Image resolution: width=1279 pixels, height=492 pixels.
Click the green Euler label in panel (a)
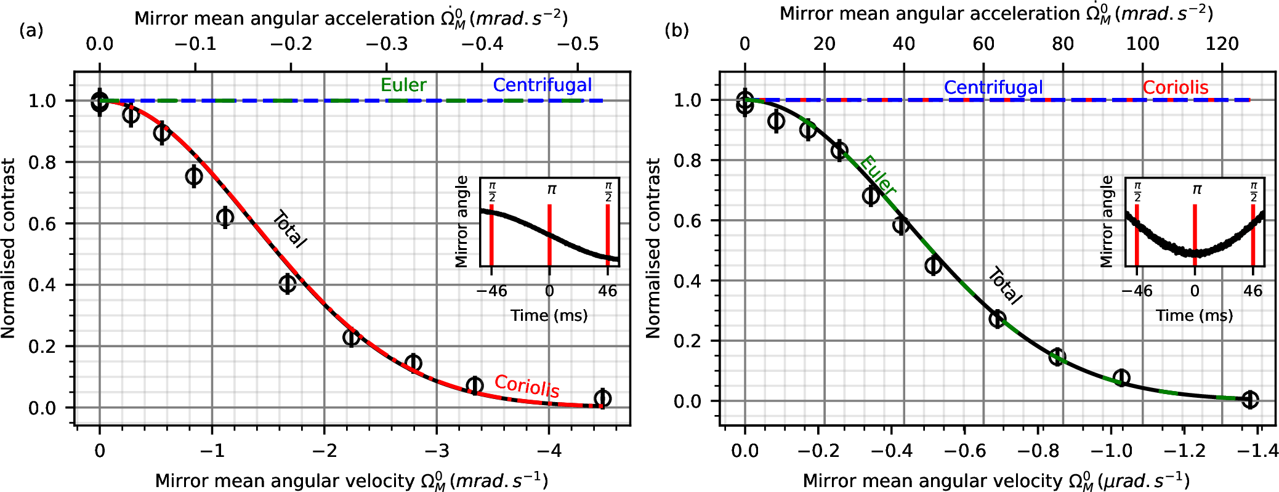403,85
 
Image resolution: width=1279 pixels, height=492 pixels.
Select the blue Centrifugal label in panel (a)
543,85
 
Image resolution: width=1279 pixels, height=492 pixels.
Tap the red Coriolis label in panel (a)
527,386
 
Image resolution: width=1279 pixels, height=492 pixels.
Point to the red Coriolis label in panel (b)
1176,87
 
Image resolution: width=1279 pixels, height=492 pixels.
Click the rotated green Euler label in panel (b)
878,175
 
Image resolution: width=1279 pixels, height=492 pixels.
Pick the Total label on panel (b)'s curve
1005,286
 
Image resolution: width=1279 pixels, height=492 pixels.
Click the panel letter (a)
31,30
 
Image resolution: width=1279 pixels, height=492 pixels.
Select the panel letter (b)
677,30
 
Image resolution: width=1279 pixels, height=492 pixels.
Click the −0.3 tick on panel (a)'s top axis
386,44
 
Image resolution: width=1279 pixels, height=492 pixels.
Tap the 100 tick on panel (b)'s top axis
1143,44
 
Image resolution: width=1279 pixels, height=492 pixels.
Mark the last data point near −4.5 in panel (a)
603,398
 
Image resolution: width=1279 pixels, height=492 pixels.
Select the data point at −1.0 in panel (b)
1121,377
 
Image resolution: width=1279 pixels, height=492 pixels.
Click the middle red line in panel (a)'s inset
549,235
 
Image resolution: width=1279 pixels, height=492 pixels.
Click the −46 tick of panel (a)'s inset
491,291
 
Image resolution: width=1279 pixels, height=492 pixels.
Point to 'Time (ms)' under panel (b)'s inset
1194,316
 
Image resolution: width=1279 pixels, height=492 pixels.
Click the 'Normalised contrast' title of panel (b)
653,248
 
